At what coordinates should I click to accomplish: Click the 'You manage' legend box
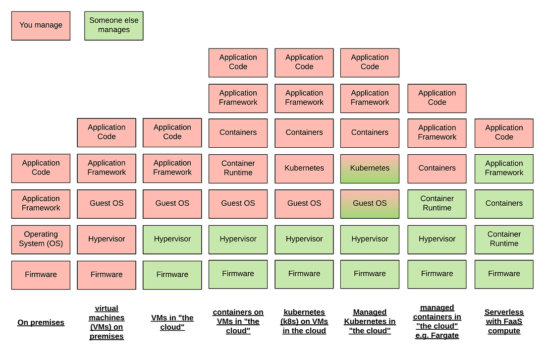pyautogui.click(x=41, y=25)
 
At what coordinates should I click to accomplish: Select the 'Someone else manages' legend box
pyautogui.click(x=114, y=25)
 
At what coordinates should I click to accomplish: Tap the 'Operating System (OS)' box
pyautogui.click(x=41, y=239)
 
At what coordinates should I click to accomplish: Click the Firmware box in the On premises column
pyautogui.click(x=41, y=275)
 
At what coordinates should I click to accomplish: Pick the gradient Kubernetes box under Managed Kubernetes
pyautogui.click(x=370, y=168)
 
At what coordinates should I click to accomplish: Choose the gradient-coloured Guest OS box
pyautogui.click(x=370, y=203)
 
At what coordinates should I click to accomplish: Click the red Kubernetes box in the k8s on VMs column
pyautogui.click(x=304, y=168)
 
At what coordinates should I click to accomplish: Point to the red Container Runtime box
pyautogui.click(x=238, y=168)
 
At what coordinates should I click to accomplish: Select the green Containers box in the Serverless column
pyautogui.click(x=504, y=203)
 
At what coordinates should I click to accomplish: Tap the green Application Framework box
pyautogui.click(x=504, y=168)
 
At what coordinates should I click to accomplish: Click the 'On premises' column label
pyautogui.click(x=41, y=323)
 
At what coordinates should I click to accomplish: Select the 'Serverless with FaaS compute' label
pyautogui.click(x=504, y=321)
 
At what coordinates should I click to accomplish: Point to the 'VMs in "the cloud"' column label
pyautogui.click(x=172, y=322)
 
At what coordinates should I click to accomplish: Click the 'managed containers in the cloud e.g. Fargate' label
pyautogui.click(x=437, y=321)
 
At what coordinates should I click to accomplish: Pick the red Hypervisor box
pyautogui.click(x=107, y=239)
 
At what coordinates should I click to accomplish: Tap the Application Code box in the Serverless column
pyautogui.click(x=504, y=132)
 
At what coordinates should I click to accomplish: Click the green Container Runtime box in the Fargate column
pyautogui.click(x=437, y=203)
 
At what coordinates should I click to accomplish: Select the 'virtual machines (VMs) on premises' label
pyautogui.click(x=107, y=322)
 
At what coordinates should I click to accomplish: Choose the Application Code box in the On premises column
pyautogui.click(x=41, y=168)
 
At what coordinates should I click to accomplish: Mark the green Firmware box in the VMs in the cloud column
pyautogui.click(x=172, y=275)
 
